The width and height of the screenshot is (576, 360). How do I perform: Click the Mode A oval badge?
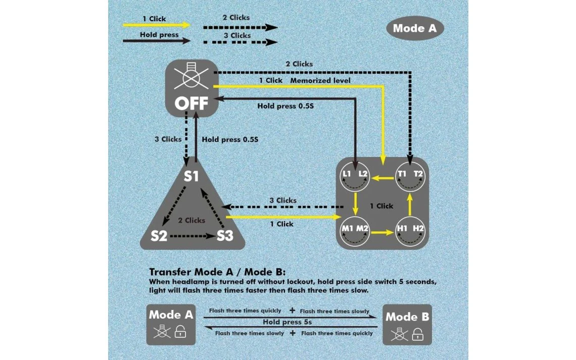click(x=414, y=28)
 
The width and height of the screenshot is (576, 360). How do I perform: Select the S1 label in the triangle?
click(x=191, y=177)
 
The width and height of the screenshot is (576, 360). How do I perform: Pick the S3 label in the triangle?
click(x=225, y=235)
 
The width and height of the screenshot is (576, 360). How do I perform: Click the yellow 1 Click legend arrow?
click(x=157, y=25)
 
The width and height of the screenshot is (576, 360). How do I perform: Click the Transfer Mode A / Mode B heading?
click(x=217, y=272)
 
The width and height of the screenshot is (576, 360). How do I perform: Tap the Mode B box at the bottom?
click(x=407, y=325)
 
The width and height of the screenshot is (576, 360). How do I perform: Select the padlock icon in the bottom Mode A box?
click(x=180, y=332)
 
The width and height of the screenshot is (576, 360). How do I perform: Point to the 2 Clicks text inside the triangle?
click(x=191, y=220)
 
